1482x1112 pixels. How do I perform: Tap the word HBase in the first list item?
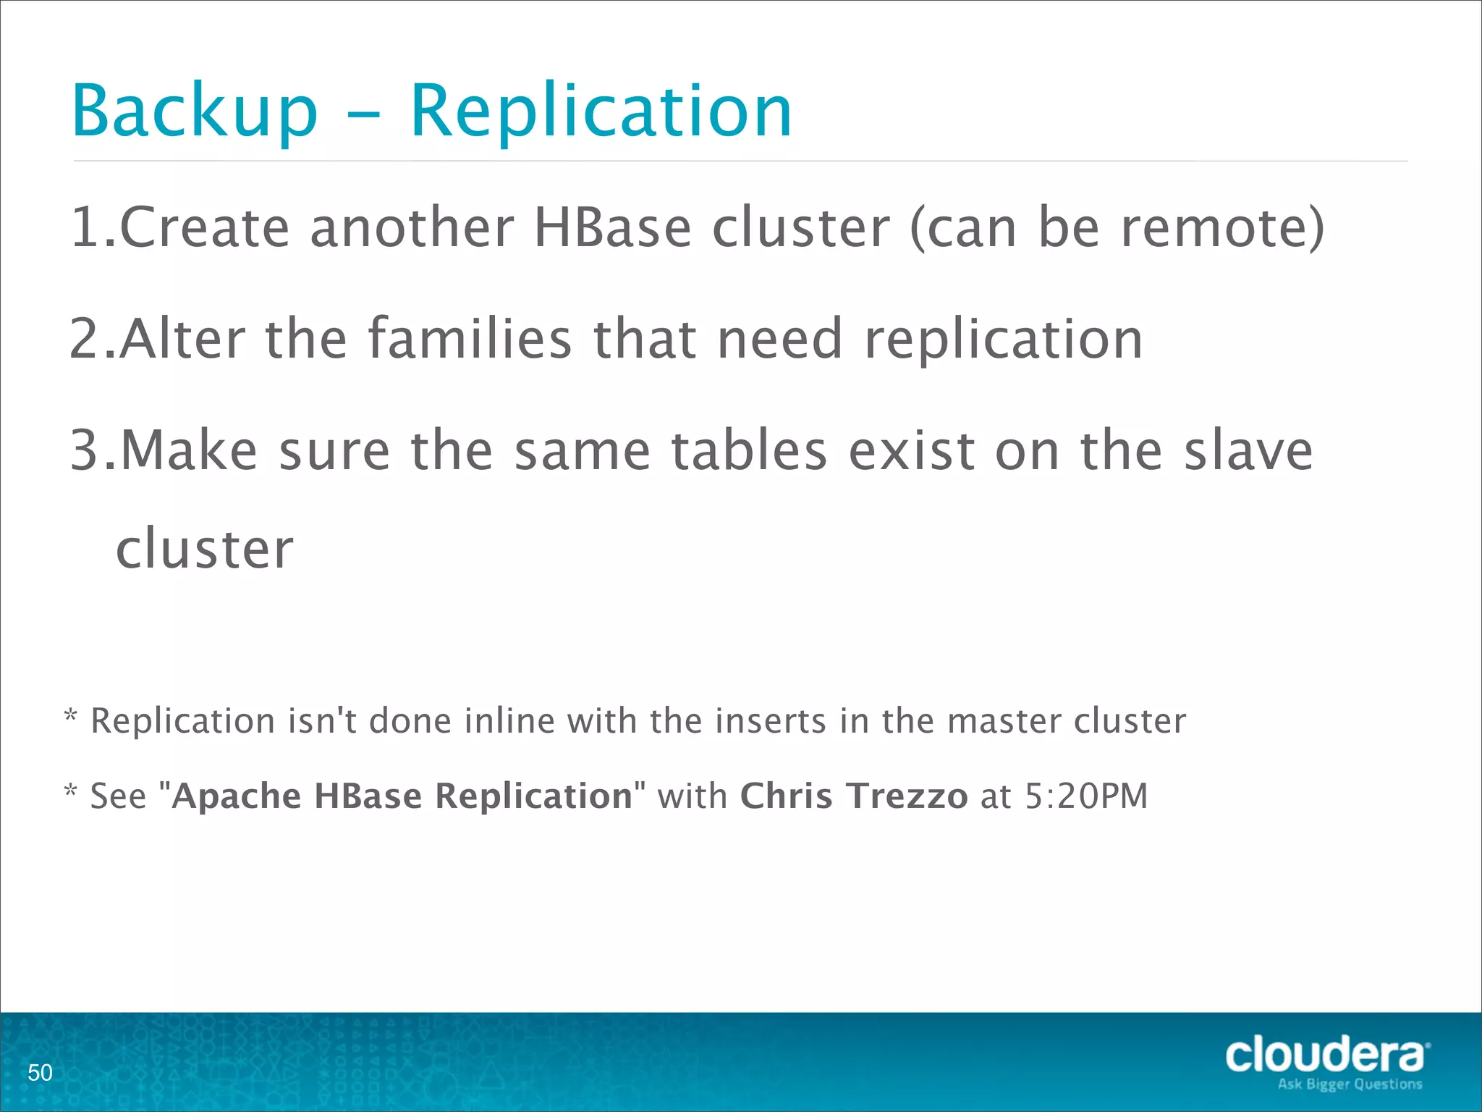(x=612, y=227)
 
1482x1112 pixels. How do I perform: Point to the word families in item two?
(x=470, y=339)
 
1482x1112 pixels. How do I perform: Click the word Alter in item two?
(x=182, y=339)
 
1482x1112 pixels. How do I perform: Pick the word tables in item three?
(x=749, y=450)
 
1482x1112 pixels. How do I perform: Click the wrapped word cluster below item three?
(x=205, y=548)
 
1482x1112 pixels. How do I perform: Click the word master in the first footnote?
(x=1004, y=721)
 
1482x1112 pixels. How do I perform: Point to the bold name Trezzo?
(x=907, y=796)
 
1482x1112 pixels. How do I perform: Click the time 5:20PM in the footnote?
(x=1086, y=796)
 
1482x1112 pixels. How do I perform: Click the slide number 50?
(x=40, y=1072)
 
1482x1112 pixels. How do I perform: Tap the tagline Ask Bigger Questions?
(x=1350, y=1084)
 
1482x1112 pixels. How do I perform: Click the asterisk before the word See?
(x=70, y=790)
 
